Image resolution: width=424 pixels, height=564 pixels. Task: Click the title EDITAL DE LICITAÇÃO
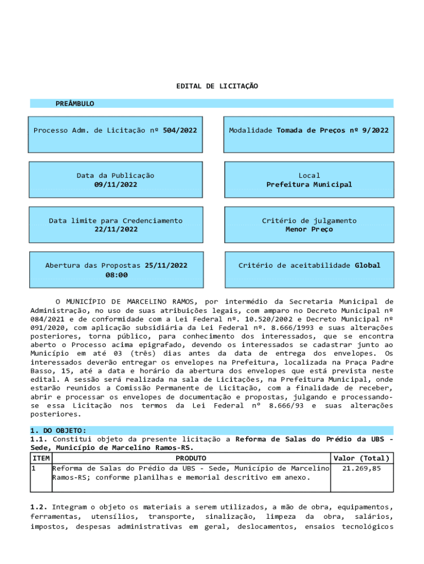217,86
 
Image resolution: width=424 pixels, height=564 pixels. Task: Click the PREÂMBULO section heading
75,104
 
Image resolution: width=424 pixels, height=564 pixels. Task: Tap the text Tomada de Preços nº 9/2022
333,131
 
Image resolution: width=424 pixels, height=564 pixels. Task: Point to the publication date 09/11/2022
116,185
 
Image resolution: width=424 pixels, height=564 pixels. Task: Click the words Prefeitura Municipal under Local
309,185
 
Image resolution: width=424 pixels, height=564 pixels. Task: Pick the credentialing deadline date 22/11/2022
116,229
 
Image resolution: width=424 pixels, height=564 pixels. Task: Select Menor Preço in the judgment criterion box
309,229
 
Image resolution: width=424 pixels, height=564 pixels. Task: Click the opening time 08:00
117,274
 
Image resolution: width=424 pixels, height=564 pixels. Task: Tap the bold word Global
367,265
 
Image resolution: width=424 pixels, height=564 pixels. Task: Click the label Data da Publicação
116,176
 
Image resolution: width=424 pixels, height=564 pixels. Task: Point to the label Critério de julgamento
309,220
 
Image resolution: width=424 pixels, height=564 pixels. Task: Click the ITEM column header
41,458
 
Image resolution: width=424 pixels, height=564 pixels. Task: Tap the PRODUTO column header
191,458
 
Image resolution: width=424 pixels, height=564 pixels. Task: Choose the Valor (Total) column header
362,458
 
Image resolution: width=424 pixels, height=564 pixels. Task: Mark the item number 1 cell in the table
34,468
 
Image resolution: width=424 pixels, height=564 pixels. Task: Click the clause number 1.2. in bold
39,506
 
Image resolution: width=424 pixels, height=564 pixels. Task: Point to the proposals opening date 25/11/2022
166,265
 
